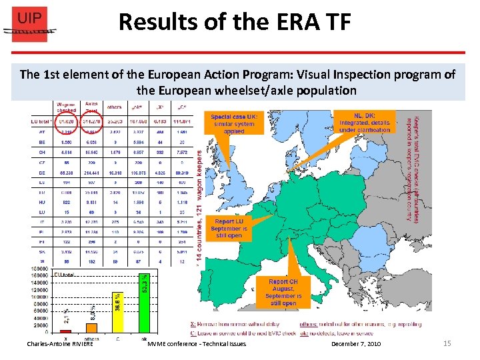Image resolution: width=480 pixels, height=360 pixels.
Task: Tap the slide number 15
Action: (x=447, y=343)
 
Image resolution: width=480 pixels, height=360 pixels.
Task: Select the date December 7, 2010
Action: (x=356, y=343)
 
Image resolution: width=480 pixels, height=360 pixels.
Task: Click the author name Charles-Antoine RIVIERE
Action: (x=60, y=343)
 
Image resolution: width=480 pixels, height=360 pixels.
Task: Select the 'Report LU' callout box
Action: (x=229, y=227)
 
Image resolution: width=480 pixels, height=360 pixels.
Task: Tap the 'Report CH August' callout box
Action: (x=283, y=291)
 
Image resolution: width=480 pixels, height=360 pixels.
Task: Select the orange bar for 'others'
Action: (x=92, y=327)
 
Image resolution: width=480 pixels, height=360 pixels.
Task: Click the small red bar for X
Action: (x=65, y=331)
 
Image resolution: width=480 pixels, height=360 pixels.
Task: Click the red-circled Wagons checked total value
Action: (x=67, y=122)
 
